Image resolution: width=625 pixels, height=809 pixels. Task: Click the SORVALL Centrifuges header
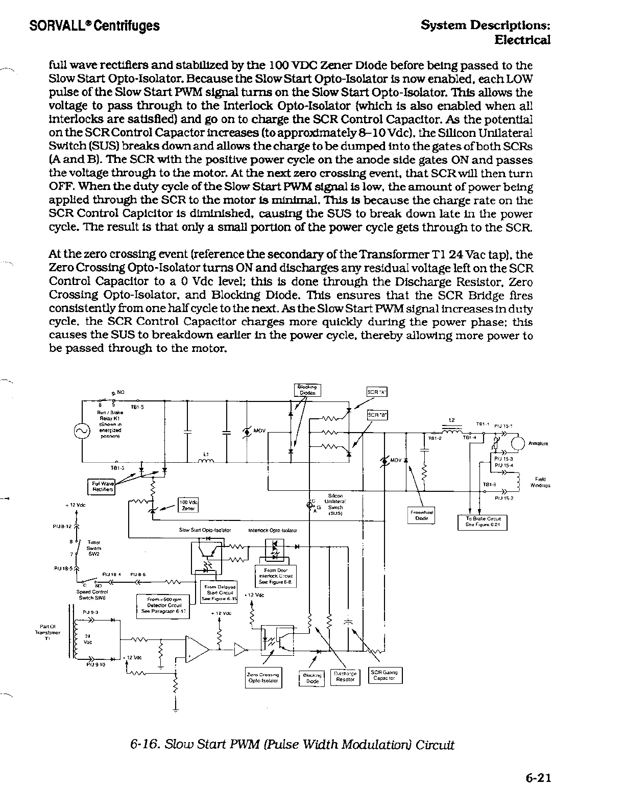[94, 26]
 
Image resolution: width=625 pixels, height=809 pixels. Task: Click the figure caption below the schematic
[292, 744]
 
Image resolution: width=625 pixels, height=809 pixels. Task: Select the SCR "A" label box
[377, 392]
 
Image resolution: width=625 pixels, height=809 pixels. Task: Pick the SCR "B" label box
[377, 415]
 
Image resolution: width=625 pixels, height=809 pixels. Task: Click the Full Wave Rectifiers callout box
[102, 487]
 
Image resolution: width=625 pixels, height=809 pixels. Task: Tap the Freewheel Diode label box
[422, 515]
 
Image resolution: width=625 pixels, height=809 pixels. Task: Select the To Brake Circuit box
[483, 522]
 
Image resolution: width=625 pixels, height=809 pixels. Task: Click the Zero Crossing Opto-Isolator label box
[263, 678]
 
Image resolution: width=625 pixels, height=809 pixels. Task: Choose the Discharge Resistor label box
[345, 676]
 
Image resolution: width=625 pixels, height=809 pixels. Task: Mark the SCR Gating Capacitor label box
[385, 675]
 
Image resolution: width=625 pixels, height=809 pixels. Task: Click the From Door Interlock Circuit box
[276, 576]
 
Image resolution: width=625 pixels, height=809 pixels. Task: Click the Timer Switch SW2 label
[94, 548]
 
